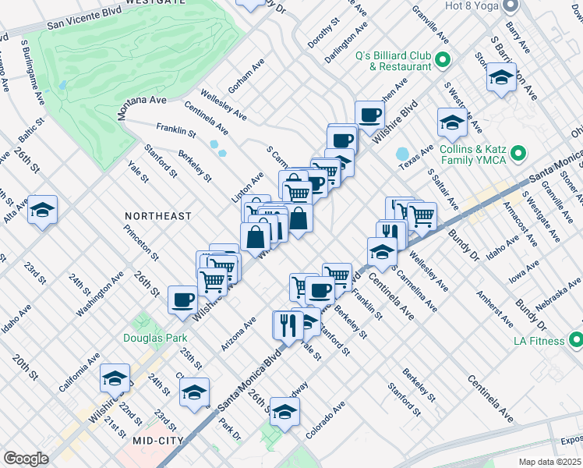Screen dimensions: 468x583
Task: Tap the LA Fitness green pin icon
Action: point(576,339)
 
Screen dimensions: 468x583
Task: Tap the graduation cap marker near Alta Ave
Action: point(43,211)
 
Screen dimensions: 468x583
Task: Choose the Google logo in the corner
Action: point(26,459)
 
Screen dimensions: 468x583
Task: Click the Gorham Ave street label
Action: point(246,75)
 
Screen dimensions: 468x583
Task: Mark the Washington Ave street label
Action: point(101,293)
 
